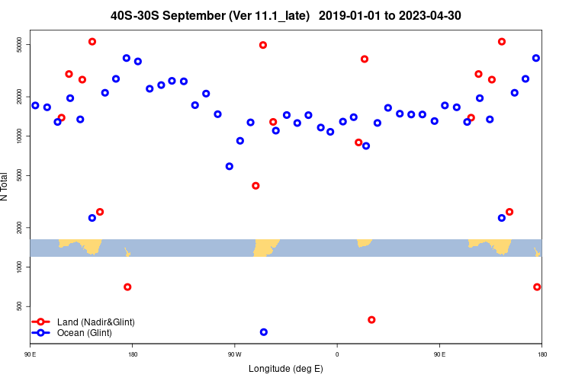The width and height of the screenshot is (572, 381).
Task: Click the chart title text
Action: [x=285, y=15]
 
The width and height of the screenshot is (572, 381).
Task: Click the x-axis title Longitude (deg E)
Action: [x=285, y=369]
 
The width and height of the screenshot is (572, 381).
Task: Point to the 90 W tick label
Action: [x=234, y=354]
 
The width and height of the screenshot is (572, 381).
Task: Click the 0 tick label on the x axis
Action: [x=336, y=354]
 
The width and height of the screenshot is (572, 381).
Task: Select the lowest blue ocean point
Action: [x=264, y=332]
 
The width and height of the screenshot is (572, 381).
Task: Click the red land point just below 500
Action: [x=371, y=320]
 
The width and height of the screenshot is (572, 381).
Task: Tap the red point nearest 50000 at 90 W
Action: [x=263, y=45]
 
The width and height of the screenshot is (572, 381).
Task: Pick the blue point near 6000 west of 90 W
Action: [x=230, y=166]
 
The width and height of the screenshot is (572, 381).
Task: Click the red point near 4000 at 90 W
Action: [x=255, y=186]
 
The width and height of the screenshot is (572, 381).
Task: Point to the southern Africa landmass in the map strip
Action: [x=365, y=242]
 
